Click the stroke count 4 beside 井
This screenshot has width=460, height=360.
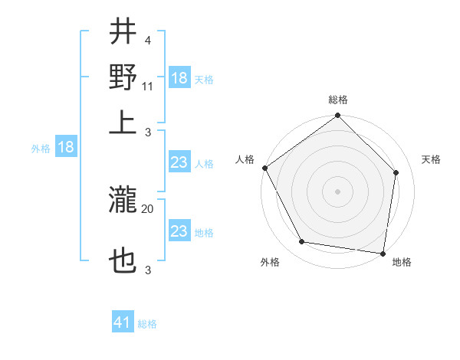point(146,40)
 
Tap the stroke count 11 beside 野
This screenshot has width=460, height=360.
point(149,85)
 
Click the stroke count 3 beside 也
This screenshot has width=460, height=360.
point(147,270)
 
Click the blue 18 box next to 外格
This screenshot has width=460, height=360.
point(66,148)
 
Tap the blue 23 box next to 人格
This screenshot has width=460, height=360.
point(179,163)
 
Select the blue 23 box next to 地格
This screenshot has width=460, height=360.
point(179,231)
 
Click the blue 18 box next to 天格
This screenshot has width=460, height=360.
point(179,78)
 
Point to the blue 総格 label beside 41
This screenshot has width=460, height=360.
point(147,323)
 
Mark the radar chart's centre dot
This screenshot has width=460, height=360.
point(337,191)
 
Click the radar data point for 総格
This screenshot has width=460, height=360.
point(337,116)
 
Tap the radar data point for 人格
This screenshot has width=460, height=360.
point(264,168)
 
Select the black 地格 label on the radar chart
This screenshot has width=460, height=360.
point(402,262)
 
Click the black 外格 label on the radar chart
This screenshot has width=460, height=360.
point(270,262)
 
